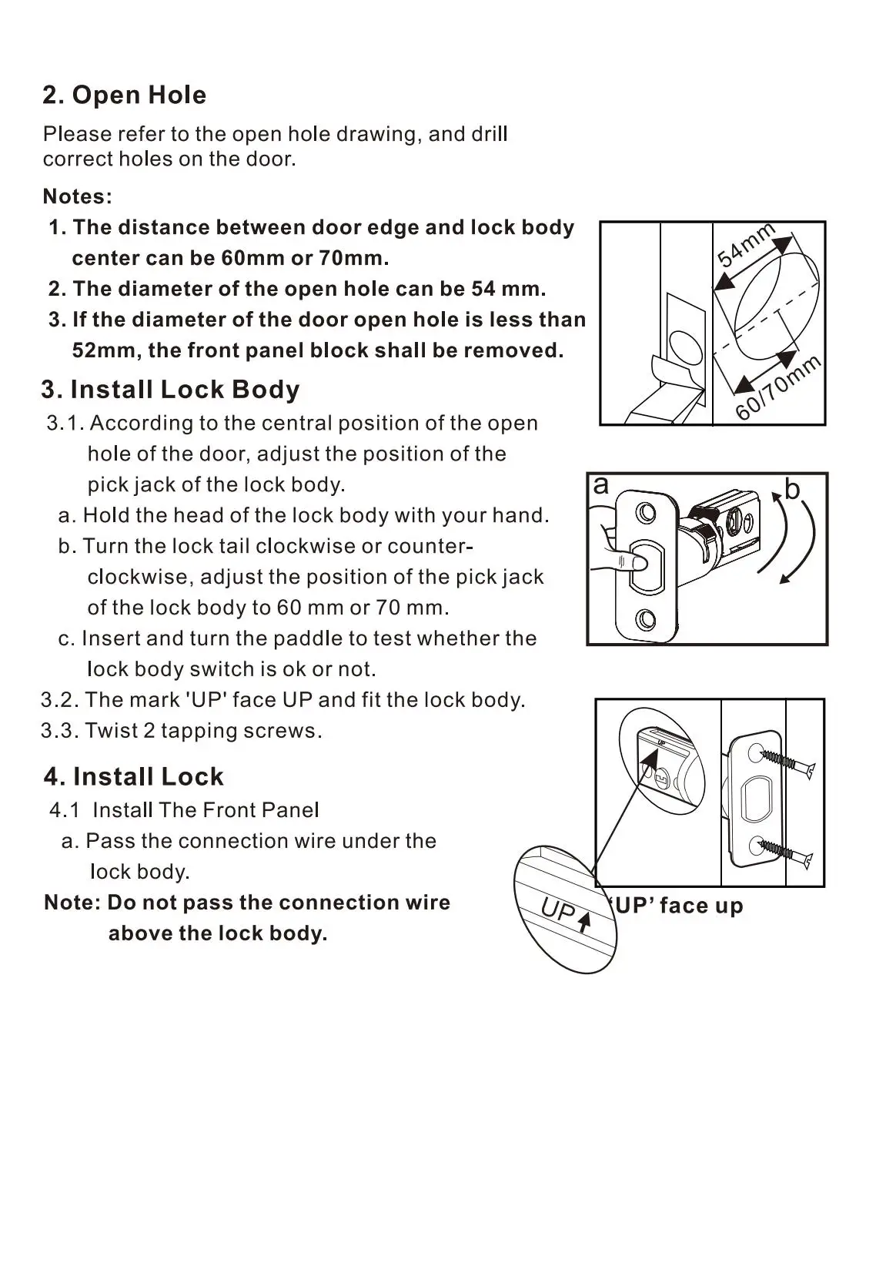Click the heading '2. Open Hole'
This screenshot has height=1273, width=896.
(x=125, y=95)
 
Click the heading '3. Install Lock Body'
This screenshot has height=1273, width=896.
(x=170, y=390)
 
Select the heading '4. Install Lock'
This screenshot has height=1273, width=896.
(x=134, y=776)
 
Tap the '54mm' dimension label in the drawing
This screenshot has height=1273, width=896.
(x=745, y=245)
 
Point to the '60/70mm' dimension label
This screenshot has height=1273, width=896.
(x=778, y=388)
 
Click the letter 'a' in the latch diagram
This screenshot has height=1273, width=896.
(x=601, y=485)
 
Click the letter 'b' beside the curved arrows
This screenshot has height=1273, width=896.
(x=792, y=489)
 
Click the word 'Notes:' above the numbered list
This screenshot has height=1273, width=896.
(x=78, y=196)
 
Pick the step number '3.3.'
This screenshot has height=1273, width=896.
(x=60, y=731)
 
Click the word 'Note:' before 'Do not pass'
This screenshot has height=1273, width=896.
(x=72, y=903)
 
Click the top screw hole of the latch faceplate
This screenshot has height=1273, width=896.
(x=647, y=512)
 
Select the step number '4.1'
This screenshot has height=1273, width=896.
(x=64, y=810)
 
